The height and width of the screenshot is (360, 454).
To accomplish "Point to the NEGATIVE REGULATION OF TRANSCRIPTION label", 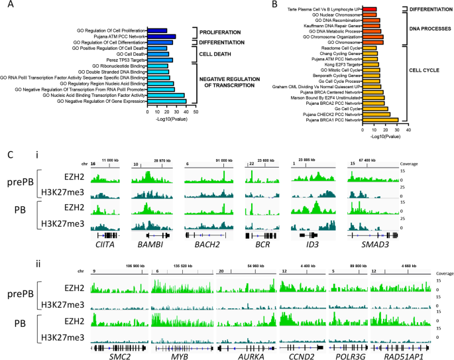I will click(229, 80).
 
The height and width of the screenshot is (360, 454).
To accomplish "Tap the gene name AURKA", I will click(247, 356).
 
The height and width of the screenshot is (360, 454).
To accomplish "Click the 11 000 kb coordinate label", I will click(111, 160).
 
